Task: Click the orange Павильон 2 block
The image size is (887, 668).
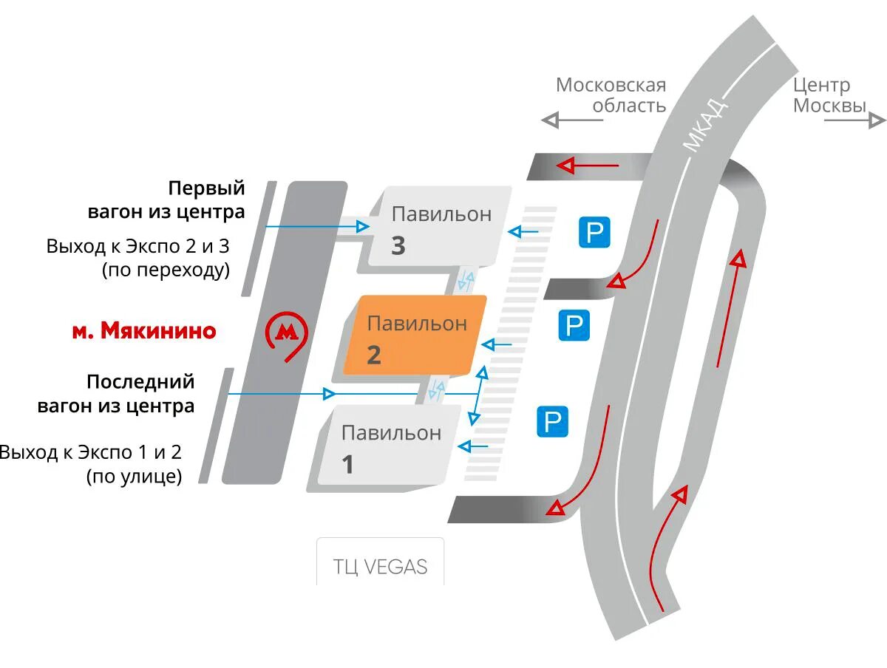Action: [415, 336]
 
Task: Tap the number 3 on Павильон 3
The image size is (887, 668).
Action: [398, 245]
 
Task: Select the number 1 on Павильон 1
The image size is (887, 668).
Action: [347, 465]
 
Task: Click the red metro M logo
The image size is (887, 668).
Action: [286, 333]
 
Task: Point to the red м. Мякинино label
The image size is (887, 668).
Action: [143, 330]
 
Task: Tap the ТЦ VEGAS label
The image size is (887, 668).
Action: [381, 567]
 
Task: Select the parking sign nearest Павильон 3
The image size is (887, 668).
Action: [594, 233]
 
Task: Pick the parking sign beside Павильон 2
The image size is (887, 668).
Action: [574, 326]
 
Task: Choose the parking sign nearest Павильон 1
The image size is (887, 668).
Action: [552, 422]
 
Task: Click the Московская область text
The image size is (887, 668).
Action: [611, 95]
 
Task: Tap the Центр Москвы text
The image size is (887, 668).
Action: [829, 95]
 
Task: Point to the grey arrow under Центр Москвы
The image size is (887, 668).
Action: [854, 119]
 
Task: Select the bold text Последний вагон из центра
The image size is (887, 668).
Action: [140, 394]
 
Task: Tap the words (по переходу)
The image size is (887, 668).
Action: [166, 270]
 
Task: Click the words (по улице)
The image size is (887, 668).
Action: [134, 477]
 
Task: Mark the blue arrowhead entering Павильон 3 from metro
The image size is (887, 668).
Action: [362, 226]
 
